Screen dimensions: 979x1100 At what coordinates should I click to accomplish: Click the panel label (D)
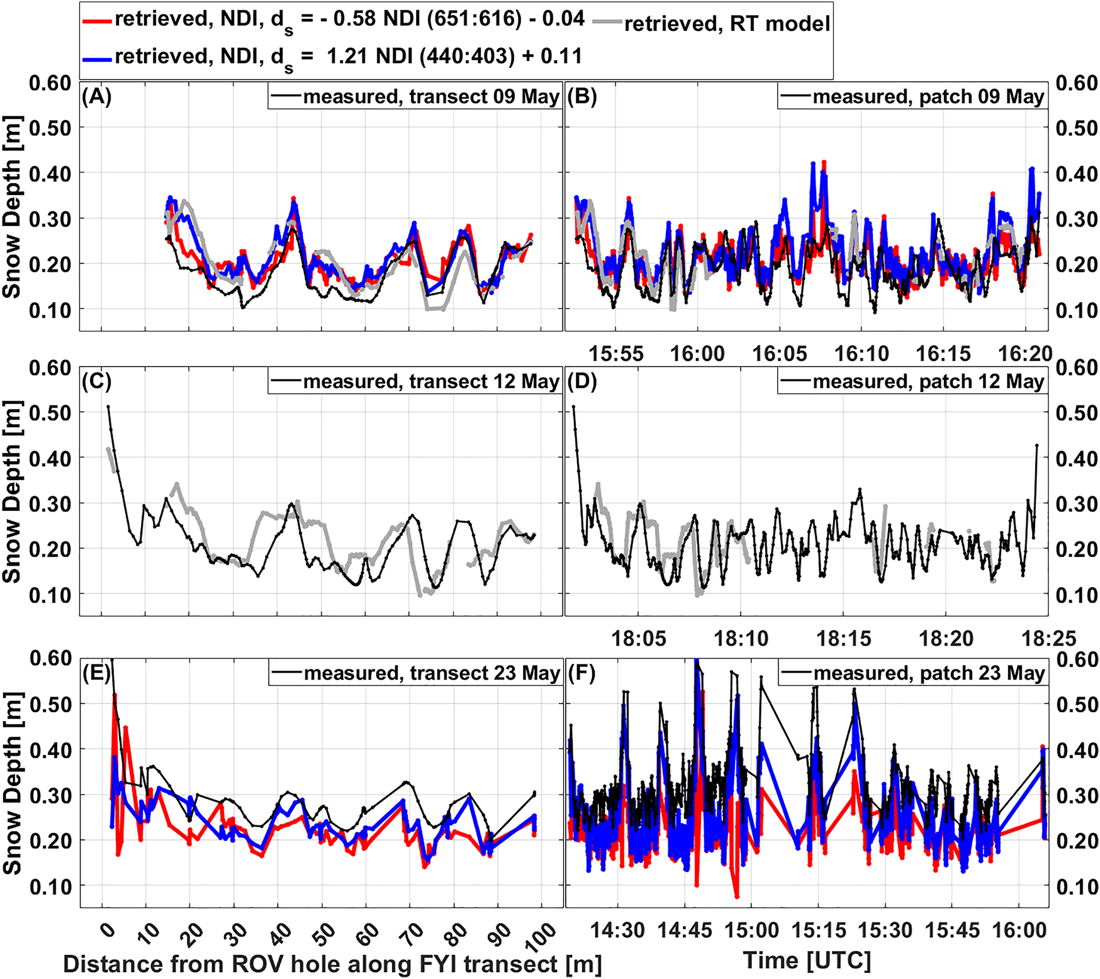pyautogui.click(x=582, y=381)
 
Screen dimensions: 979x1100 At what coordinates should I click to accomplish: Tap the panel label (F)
pyautogui.click(x=581, y=673)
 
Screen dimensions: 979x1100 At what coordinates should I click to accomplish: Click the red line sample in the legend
pyautogui.click(x=98, y=20)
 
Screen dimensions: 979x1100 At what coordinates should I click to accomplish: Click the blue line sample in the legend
pyautogui.click(x=98, y=58)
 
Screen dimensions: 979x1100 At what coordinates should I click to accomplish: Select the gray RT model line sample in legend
pyautogui.click(x=607, y=24)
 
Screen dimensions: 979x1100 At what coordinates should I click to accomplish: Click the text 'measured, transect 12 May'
pyautogui.click(x=430, y=382)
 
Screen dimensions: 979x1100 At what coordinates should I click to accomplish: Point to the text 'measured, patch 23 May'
pyautogui.click(x=929, y=673)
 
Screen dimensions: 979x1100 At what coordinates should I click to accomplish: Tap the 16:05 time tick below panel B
pyautogui.click(x=779, y=354)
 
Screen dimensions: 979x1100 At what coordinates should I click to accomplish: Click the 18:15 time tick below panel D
pyautogui.click(x=843, y=639)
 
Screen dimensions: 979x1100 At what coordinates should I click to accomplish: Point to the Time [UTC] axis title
pyautogui.click(x=807, y=961)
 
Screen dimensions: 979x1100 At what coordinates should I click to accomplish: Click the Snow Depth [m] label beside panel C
pyautogui.click(x=12, y=492)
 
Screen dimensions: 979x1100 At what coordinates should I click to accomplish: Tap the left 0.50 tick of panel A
pyautogui.click(x=50, y=128)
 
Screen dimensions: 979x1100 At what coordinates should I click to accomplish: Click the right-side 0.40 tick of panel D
pyautogui.click(x=1077, y=459)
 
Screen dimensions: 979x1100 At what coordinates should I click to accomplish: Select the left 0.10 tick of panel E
pyautogui.click(x=50, y=886)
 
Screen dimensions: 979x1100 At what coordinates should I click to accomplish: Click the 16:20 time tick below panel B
pyautogui.click(x=1025, y=354)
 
